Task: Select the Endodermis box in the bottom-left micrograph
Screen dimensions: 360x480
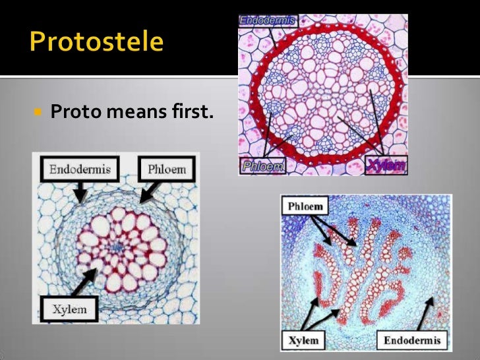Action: [80, 170]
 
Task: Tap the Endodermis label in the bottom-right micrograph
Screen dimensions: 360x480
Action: [412, 340]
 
